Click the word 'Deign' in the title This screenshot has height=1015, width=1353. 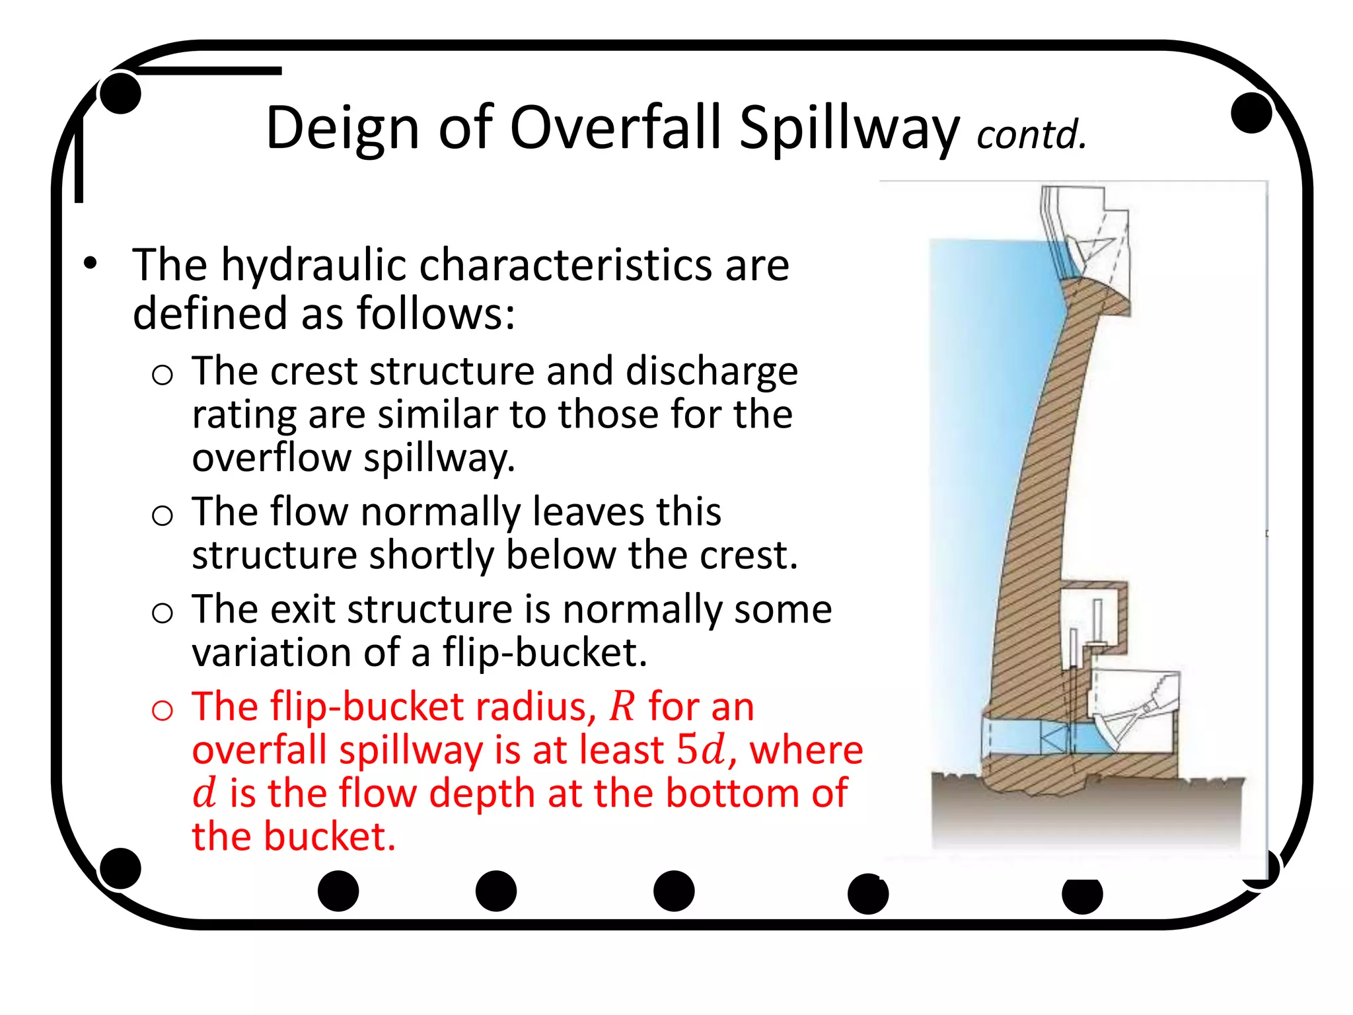tap(342, 128)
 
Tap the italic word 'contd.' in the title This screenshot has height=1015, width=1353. tap(1031, 134)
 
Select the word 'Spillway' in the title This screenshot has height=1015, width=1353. tap(848, 128)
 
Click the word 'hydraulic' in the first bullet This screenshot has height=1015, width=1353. tap(313, 265)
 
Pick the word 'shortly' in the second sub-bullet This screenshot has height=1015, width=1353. tap(431, 555)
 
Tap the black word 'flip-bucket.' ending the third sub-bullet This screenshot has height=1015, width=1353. tap(544, 652)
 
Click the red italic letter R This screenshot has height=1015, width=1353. tap(621, 706)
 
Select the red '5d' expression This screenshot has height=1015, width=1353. tap(700, 750)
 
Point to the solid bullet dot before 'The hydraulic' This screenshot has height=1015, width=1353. tap(90, 264)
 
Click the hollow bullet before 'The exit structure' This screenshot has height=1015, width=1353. tap(162, 613)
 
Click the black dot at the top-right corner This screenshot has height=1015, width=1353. tap(1251, 112)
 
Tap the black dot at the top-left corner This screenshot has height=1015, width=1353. tap(120, 93)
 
